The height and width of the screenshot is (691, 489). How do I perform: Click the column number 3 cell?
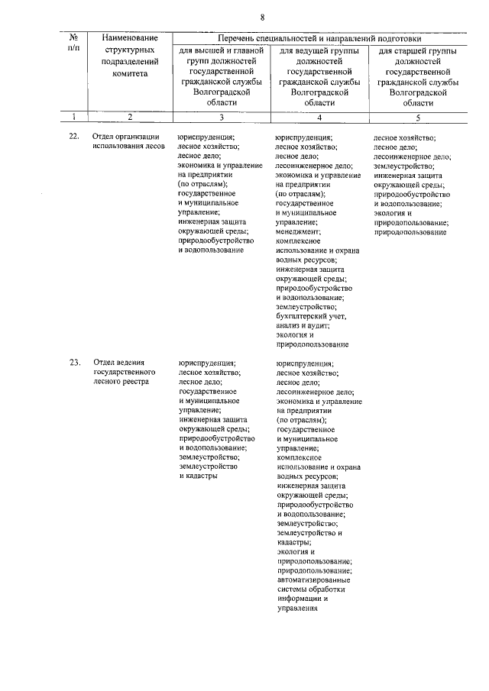(221, 117)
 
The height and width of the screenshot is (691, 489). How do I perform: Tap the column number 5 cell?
(417, 117)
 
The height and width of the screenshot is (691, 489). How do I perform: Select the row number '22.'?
(74, 137)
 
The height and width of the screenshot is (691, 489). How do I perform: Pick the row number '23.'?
(74, 362)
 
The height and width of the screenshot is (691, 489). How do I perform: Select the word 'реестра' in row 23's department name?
(137, 381)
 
